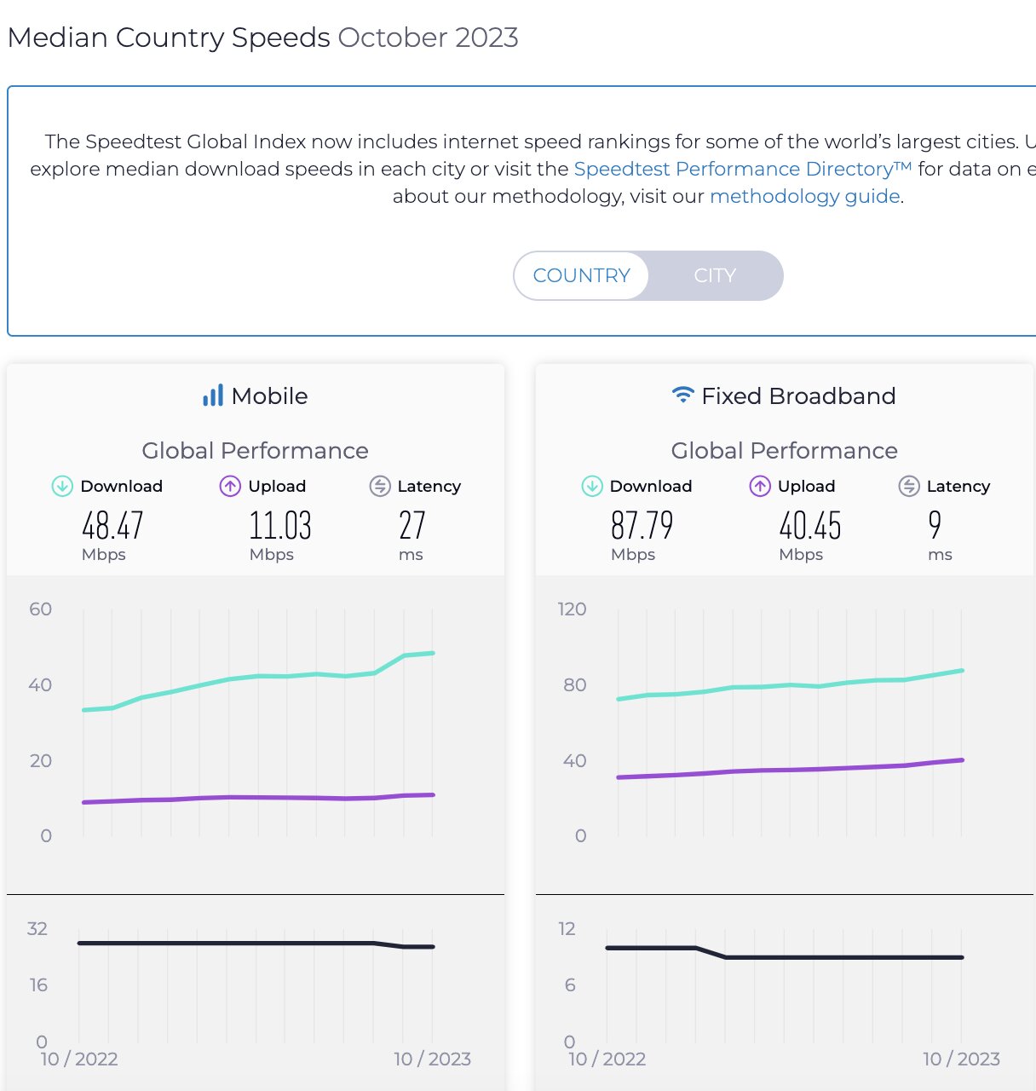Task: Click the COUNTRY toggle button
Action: click(581, 275)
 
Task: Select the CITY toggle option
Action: click(714, 275)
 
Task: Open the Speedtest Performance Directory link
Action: click(742, 169)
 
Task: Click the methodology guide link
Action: click(804, 196)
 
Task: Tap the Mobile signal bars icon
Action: click(213, 395)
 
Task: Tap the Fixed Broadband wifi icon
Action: click(682, 395)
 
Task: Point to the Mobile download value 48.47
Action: click(112, 525)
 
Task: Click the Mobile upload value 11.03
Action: click(280, 525)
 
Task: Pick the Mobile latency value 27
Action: click(412, 525)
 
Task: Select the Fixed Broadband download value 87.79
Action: click(642, 525)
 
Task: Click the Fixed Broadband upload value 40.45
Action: click(809, 525)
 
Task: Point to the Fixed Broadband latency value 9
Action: click(935, 525)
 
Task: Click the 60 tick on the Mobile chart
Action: click(40, 609)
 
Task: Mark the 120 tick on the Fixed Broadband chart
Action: click(572, 609)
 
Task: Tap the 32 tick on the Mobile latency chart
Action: click(37, 928)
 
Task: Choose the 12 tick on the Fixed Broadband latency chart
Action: click(567, 928)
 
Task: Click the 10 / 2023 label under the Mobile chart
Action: click(432, 1059)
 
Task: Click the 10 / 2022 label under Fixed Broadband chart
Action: click(607, 1059)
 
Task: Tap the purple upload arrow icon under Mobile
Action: click(230, 486)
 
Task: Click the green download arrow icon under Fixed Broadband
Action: click(591, 486)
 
